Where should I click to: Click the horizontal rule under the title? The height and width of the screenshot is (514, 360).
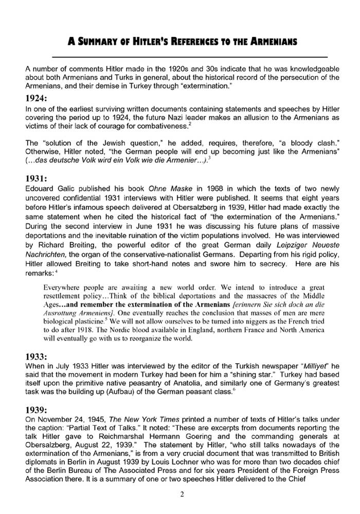click(x=190, y=56)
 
